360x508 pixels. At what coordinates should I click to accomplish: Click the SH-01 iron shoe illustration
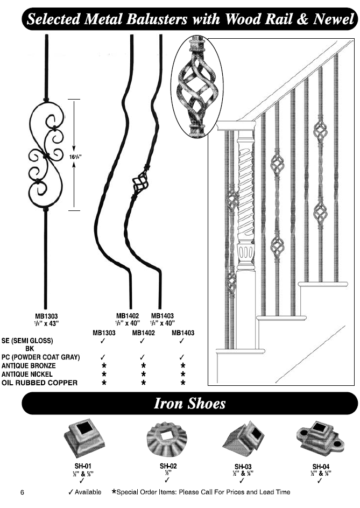point(83,440)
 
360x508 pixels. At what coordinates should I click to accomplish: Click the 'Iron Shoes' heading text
point(189,404)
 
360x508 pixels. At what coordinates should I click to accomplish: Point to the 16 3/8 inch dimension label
point(75,157)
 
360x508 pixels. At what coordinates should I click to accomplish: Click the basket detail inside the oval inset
point(196,86)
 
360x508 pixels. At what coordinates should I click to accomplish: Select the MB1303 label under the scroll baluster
point(46,315)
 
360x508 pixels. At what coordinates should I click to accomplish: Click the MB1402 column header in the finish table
point(143,333)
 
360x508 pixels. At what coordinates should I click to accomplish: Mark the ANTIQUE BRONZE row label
point(29,365)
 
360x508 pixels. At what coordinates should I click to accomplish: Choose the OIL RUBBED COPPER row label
point(39,383)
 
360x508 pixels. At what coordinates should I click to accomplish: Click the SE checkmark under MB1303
point(103,341)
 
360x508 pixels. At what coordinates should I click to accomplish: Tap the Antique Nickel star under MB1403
point(183,374)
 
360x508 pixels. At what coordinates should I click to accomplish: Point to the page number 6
point(22,492)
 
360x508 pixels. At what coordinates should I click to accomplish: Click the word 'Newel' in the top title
point(334,19)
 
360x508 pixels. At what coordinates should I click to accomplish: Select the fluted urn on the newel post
point(245,253)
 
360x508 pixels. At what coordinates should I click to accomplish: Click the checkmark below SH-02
point(167,479)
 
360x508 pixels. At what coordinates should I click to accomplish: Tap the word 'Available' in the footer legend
point(88,492)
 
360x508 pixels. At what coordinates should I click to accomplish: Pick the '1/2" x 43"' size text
point(46,323)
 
